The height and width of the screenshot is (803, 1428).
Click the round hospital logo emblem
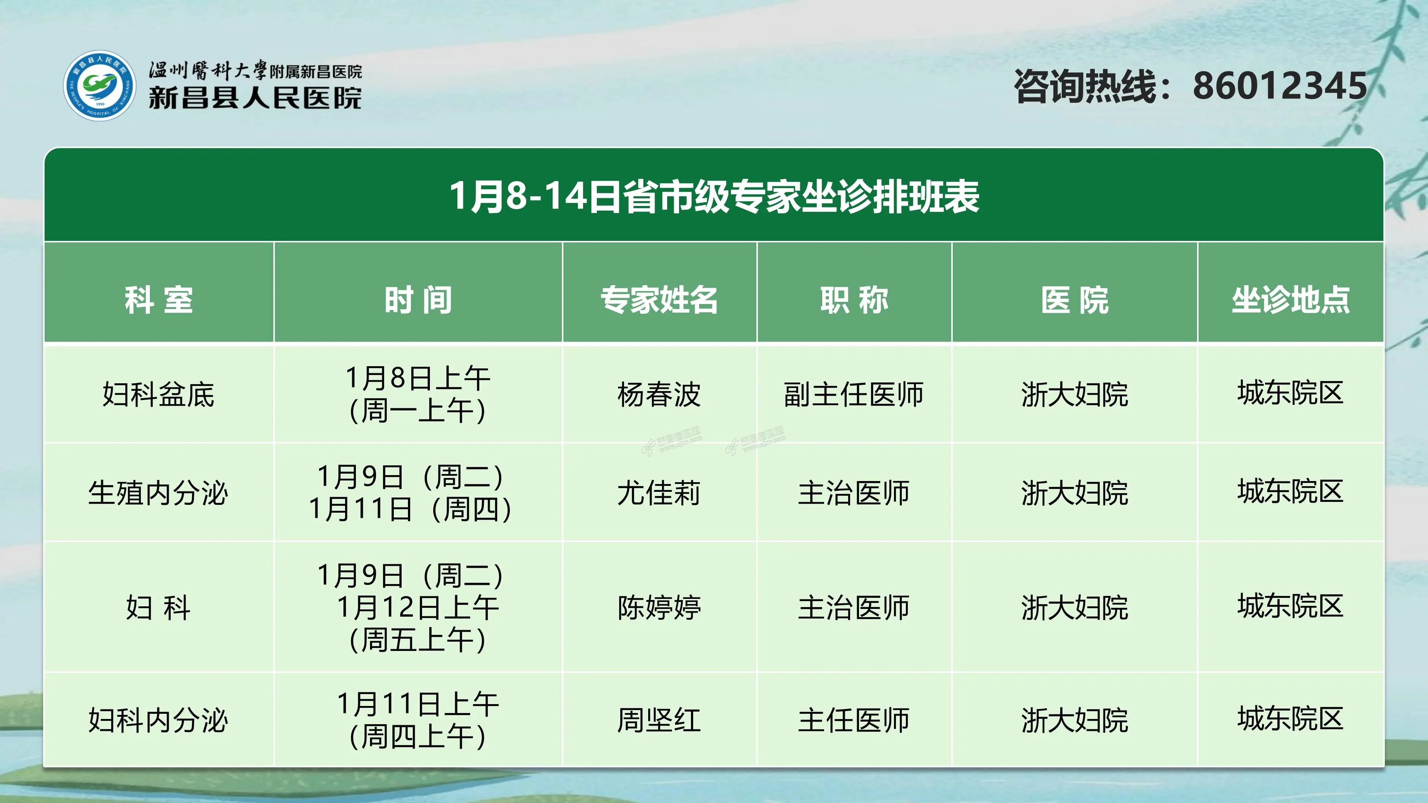click(x=99, y=86)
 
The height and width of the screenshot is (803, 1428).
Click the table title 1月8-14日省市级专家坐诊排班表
click(x=714, y=196)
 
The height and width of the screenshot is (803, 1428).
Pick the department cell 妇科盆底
click(x=158, y=394)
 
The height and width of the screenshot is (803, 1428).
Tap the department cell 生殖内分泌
click(x=158, y=493)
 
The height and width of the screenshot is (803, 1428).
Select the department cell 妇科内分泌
click(x=158, y=720)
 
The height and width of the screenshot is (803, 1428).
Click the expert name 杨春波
click(x=659, y=394)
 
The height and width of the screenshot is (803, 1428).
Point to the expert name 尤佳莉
click(x=659, y=493)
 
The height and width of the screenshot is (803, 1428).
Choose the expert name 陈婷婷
click(x=659, y=607)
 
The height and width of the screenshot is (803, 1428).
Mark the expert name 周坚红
click(x=659, y=720)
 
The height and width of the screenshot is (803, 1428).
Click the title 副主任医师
click(x=854, y=394)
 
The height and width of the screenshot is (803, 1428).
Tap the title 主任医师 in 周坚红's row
click(x=854, y=720)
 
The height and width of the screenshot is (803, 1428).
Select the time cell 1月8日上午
click(x=418, y=378)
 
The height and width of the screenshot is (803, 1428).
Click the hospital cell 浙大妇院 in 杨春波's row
click(x=1074, y=394)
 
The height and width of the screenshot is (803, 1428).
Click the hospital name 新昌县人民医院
click(x=255, y=98)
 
